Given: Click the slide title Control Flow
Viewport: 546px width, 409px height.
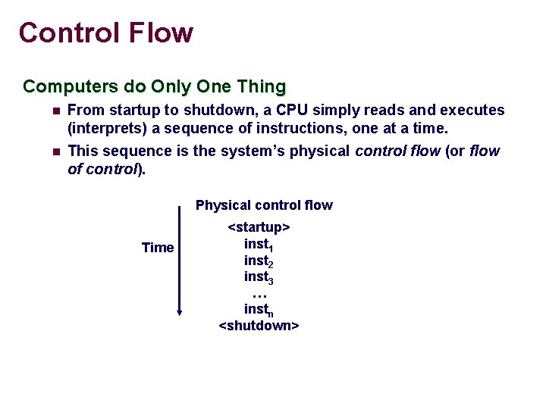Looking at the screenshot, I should (x=106, y=33).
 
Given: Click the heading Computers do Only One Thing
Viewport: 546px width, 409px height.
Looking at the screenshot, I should (x=154, y=86).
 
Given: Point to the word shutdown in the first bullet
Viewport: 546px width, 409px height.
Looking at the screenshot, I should (x=221, y=111).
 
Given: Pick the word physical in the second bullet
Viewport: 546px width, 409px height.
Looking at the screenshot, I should (x=322, y=151).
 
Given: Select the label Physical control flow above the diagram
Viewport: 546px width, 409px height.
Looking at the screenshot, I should (x=264, y=205).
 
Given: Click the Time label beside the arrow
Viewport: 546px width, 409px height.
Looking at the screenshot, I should (x=158, y=248).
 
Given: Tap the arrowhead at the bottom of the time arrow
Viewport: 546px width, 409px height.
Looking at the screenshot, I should (x=180, y=310).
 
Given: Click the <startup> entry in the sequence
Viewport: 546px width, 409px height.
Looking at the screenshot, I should (x=259, y=227).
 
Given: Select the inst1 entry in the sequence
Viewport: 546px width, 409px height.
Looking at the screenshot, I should (x=259, y=245).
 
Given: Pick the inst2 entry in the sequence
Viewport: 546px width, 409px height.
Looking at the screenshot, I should (x=259, y=261).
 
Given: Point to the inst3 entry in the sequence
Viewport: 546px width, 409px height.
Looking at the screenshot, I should (x=259, y=278).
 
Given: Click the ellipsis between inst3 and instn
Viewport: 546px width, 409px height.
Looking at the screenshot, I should (x=259, y=295).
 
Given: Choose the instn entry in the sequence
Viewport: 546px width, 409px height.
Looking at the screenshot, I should (x=259, y=310).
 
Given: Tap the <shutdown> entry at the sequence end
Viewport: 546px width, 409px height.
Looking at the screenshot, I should (x=259, y=326).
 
